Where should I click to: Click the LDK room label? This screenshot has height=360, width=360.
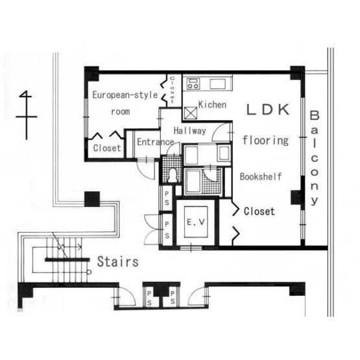268,110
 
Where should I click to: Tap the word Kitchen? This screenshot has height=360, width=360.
212,104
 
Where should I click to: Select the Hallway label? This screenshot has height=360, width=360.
190,131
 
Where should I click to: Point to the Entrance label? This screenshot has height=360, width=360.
156,142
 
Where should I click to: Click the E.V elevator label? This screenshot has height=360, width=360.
196,222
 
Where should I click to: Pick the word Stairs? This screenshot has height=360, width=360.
118,261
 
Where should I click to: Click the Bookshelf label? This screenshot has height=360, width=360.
261,176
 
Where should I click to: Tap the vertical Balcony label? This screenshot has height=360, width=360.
315,158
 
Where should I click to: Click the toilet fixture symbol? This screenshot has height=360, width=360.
172,176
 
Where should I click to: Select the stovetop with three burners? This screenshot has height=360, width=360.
193,84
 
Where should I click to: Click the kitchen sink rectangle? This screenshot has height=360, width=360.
217,84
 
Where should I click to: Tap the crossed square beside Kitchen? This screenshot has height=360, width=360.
191,113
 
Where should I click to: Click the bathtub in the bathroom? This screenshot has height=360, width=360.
193,181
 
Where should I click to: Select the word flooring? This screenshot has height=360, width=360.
266,140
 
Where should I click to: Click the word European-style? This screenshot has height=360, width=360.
125,95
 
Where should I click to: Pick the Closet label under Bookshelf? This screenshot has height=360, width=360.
259,211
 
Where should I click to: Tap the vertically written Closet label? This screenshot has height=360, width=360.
172,90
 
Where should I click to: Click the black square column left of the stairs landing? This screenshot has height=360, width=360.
92,199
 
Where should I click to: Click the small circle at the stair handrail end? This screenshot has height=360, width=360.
89,272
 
